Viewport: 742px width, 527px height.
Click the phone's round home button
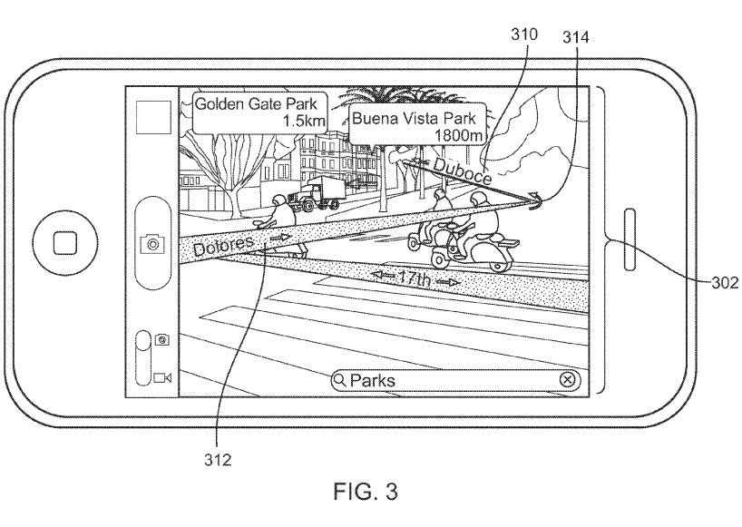point(62,242)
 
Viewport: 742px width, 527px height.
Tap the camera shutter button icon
point(151,242)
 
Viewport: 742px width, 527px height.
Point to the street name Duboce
point(462,171)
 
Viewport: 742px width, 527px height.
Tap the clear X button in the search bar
point(567,380)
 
